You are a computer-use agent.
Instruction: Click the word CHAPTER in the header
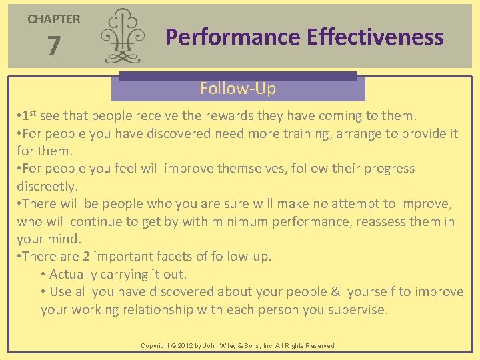[x=53, y=19]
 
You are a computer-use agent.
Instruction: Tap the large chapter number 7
[x=54, y=46]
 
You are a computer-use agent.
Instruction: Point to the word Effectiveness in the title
[x=375, y=37]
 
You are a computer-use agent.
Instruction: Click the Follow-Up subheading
[x=237, y=88]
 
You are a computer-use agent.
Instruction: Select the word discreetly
[x=47, y=185]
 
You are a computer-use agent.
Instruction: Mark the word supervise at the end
[x=357, y=309]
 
